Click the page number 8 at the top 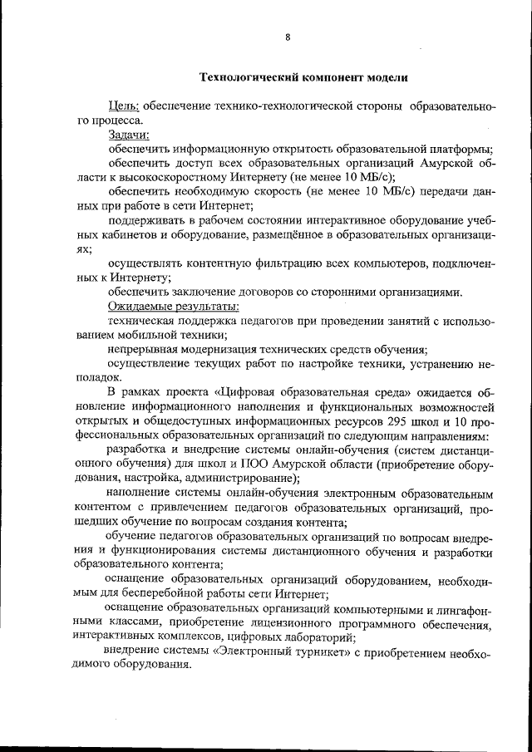[x=288, y=37]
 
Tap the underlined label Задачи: [x=129, y=135]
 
